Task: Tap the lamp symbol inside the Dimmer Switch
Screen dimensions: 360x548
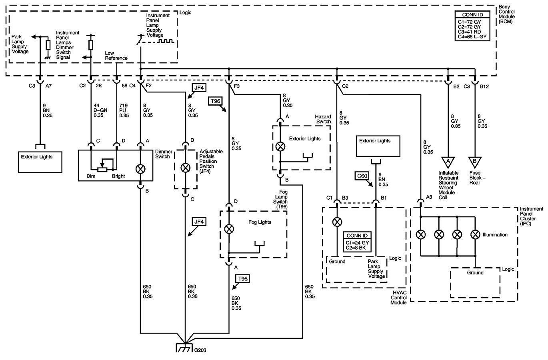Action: pyautogui.click(x=140, y=168)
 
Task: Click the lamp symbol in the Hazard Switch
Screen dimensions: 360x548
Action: pyautogui.click(x=281, y=146)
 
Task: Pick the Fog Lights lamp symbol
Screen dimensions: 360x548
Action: pyautogui.click(x=229, y=229)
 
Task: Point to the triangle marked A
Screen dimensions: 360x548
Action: pyautogui.click(x=448, y=162)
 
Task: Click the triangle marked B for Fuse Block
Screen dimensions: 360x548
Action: pyautogui.click(x=475, y=162)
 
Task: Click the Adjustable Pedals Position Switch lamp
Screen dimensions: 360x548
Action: pyautogui.click(x=185, y=168)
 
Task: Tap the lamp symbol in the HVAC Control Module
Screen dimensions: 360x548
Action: pyautogui.click(x=338, y=222)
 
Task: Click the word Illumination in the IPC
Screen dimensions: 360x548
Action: pyautogui.click(x=495, y=235)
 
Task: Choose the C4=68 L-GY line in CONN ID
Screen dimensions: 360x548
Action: pyautogui.click(x=472, y=37)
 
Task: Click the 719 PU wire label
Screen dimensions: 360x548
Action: pyautogui.click(x=124, y=111)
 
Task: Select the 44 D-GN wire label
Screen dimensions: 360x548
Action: pyautogui.click(x=98, y=111)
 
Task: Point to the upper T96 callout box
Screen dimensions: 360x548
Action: pyautogui.click(x=215, y=101)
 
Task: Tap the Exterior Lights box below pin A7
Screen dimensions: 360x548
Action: pyautogui.click(x=39, y=162)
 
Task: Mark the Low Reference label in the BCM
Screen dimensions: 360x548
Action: pyautogui.click(x=116, y=56)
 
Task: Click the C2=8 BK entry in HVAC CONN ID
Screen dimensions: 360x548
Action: pyautogui.click(x=356, y=248)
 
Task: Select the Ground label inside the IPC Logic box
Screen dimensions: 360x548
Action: pyautogui.click(x=475, y=273)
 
